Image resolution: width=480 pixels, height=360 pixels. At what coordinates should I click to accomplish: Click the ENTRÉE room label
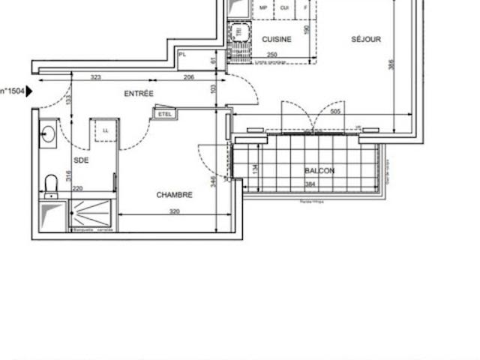pos(139,94)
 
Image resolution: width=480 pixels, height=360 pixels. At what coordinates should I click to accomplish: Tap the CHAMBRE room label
pos(174,195)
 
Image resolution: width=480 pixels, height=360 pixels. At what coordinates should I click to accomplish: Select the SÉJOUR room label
pos(366,39)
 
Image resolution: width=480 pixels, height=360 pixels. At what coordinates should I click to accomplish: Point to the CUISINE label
pos(276,39)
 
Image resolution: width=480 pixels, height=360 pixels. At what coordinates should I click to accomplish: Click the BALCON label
pos(319,171)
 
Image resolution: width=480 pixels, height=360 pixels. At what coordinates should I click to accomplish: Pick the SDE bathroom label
pos(81,160)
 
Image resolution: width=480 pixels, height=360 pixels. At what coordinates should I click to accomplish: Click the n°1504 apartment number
pos(13,91)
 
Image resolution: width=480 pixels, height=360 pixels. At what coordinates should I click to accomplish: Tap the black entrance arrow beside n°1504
pos(30,91)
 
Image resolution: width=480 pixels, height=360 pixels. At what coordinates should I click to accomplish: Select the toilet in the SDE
pos(50,182)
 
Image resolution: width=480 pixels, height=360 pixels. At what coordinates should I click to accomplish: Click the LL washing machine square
pos(105,130)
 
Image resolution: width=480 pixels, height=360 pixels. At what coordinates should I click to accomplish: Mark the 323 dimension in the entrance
pos(95,77)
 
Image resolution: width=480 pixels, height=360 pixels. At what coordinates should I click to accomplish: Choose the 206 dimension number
pos(189,77)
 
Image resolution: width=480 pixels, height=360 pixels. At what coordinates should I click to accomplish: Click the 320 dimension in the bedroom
pos(174,212)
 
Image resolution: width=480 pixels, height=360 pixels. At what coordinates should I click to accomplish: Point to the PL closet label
pos(183,53)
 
